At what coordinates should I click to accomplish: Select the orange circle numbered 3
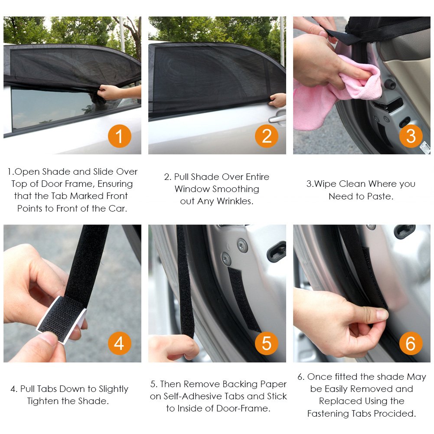pos(411,137)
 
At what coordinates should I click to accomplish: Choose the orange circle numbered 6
pos(411,343)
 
